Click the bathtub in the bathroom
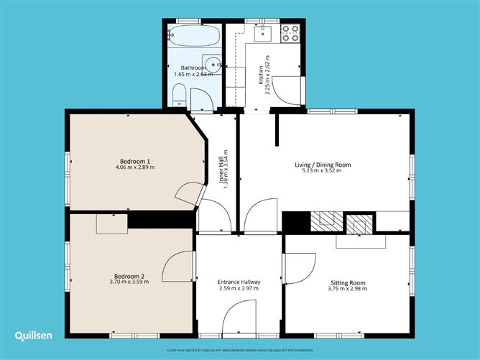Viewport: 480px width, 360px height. coord(192,34)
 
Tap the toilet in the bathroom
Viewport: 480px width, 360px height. coord(180,95)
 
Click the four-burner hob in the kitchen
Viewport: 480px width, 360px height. coord(290,34)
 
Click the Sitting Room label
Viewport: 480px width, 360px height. coord(348,282)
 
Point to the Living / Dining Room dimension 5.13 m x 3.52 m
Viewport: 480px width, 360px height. coord(323,172)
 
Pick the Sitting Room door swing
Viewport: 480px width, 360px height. coord(299,268)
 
